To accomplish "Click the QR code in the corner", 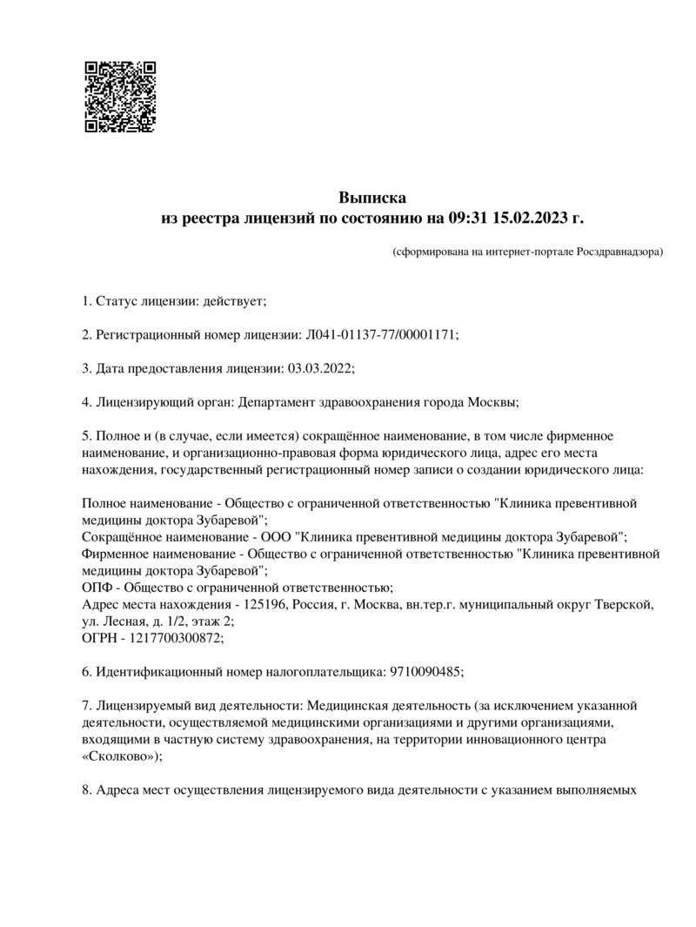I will [119, 97].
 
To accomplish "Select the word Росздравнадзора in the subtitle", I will [619, 252].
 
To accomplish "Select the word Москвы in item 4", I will [494, 401].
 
